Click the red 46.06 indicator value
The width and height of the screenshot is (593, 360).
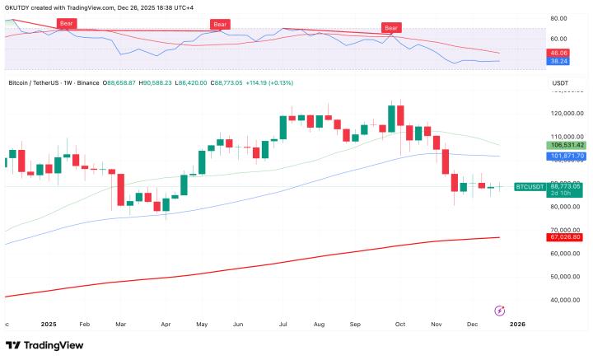click(x=558, y=53)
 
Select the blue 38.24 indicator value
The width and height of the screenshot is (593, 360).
click(x=558, y=61)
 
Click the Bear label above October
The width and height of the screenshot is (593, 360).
click(x=392, y=28)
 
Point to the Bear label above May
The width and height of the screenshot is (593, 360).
click(x=220, y=25)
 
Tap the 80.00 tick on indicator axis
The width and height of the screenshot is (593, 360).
click(x=558, y=17)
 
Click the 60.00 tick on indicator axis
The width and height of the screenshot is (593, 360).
click(x=558, y=39)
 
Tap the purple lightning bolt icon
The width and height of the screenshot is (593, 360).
click(x=499, y=310)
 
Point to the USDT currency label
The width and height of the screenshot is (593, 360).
click(x=560, y=83)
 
